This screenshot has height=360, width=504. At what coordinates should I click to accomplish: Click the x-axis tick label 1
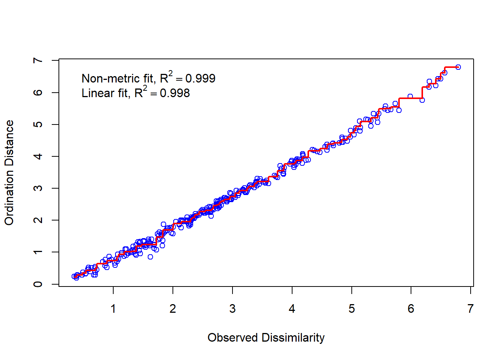[x=113, y=309]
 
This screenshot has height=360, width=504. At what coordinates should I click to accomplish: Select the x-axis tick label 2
[x=173, y=309]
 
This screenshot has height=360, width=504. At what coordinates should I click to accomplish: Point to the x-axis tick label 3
[x=232, y=309]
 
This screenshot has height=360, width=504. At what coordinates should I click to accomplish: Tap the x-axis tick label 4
[x=292, y=309]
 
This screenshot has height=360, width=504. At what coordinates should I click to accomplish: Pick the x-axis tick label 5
[x=351, y=309]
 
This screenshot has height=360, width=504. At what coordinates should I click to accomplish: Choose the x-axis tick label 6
[x=411, y=309]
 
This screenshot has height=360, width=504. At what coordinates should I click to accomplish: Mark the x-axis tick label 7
[x=471, y=309]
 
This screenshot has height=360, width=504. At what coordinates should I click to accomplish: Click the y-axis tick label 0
[x=38, y=284]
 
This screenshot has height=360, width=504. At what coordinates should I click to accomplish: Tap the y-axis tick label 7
[x=38, y=60]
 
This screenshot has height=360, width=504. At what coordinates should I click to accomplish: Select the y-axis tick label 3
[x=38, y=188]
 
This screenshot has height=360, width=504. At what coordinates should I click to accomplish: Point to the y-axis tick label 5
[x=38, y=124]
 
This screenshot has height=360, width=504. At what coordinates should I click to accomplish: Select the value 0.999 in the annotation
[x=200, y=78]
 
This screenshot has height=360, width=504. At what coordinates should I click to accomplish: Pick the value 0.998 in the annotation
[x=175, y=93]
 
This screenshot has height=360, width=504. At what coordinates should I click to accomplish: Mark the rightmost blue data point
[x=458, y=67]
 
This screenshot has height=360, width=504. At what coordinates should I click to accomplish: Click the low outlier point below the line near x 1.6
[x=150, y=257]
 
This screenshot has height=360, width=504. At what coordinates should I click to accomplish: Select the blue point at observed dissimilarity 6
[x=410, y=96]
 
